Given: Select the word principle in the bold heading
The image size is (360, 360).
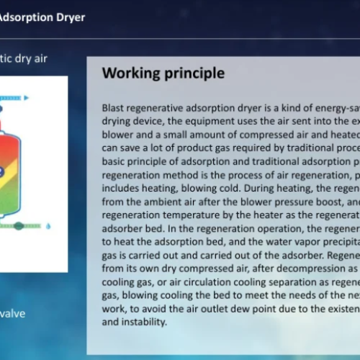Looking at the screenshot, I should click(x=191, y=73).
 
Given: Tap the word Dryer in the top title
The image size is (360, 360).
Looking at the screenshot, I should click(x=69, y=16).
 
